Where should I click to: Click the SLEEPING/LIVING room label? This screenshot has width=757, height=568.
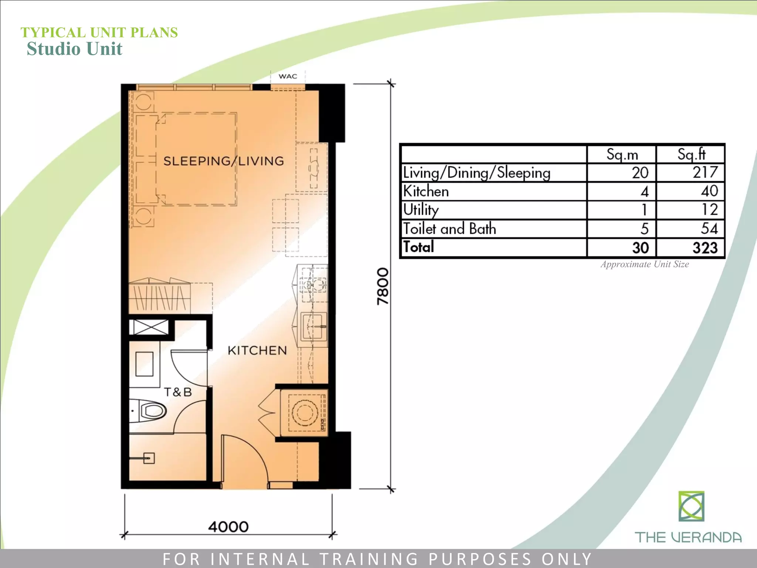point(224,161)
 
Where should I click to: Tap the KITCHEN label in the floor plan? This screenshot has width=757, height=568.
point(257,350)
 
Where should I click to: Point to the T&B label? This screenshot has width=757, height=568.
point(178,392)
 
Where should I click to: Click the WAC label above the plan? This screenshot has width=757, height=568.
point(288,77)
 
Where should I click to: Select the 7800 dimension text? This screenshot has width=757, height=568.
point(383,286)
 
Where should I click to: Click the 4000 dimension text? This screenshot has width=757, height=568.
point(228,527)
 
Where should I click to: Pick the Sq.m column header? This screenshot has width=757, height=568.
point(622,155)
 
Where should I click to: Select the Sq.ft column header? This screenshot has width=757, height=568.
point(691,154)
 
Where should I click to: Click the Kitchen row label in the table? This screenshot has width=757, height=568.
point(426,191)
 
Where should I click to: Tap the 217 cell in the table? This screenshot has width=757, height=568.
point(705,173)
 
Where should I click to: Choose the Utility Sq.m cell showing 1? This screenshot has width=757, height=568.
point(644,210)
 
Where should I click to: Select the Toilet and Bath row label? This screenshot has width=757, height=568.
point(449,229)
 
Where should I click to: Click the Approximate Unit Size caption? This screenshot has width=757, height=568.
point(645,264)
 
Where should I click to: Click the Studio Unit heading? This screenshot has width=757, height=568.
point(74,49)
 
